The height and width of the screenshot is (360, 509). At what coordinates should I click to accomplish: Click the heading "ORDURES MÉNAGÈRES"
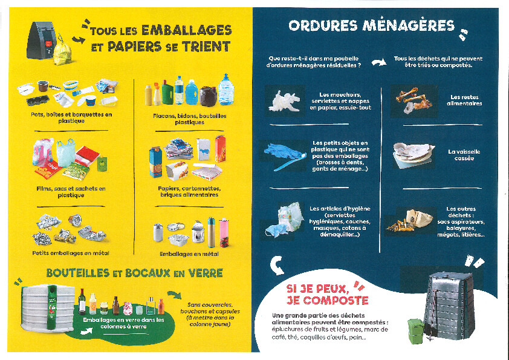coord(371,26)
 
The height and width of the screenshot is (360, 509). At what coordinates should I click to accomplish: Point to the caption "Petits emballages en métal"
coord(71,253)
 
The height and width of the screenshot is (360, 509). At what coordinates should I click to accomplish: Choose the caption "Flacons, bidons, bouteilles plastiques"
coord(190,119)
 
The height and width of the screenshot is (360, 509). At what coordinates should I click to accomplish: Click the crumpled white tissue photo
coord(285,101)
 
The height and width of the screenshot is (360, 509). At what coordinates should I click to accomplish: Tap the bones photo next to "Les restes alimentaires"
coord(413,100)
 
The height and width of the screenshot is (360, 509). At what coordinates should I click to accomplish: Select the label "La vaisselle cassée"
coord(464,155)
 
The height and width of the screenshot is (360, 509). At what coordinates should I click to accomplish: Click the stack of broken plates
coord(413,155)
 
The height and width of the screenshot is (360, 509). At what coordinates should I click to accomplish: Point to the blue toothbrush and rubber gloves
coord(285,157)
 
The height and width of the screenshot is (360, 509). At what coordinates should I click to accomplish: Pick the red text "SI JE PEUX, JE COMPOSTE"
coord(327,295)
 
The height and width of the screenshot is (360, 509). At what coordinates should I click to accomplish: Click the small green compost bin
coord(416,331)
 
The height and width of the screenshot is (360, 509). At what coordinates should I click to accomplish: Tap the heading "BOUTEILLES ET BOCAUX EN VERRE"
coord(135,273)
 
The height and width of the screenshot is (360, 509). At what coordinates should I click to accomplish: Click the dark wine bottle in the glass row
coord(82,301)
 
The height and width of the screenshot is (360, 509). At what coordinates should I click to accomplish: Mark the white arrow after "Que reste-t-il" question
coord(379,62)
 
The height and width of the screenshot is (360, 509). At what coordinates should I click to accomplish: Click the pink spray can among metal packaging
coord(224,233)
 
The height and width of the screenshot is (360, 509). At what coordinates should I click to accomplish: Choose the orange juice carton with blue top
coord(155,162)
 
